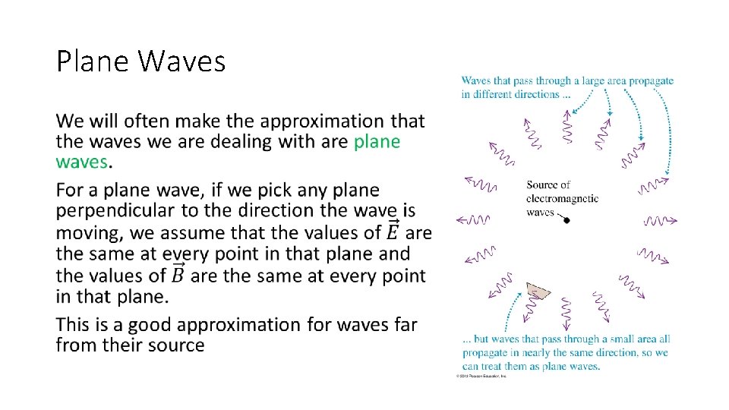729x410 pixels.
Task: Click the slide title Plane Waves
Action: click(x=140, y=61)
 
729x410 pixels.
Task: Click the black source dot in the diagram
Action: click(x=566, y=219)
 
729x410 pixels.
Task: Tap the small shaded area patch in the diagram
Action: click(x=538, y=292)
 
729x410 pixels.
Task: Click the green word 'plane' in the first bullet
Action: click(x=377, y=142)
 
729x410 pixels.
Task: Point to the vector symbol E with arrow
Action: click(x=394, y=231)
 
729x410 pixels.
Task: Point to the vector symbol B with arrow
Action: click(x=178, y=274)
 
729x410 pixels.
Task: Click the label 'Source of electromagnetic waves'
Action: click(x=561, y=198)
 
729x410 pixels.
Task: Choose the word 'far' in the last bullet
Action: click(x=403, y=325)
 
